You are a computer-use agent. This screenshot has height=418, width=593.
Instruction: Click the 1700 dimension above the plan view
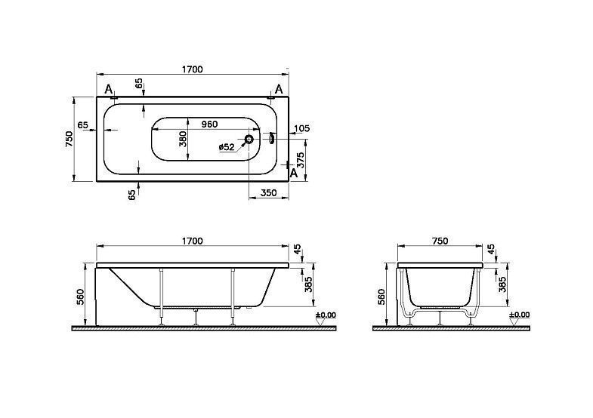coord(193,69)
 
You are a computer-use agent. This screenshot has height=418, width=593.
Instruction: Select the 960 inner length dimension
coord(209,124)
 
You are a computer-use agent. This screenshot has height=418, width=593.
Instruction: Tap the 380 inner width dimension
coord(183,139)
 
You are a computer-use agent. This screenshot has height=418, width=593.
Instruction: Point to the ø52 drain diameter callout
coord(227,147)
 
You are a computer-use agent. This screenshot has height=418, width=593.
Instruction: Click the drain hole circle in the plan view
coord(249,140)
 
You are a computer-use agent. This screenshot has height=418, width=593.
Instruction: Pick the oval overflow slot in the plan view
coord(271,138)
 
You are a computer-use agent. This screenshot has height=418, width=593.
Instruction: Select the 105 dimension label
coord(302,128)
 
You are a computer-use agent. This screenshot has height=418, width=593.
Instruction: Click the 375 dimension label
coord(301,161)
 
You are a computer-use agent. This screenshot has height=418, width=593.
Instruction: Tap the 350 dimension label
coord(269,193)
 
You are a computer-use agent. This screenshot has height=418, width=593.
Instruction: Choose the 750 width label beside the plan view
coord(69,139)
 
